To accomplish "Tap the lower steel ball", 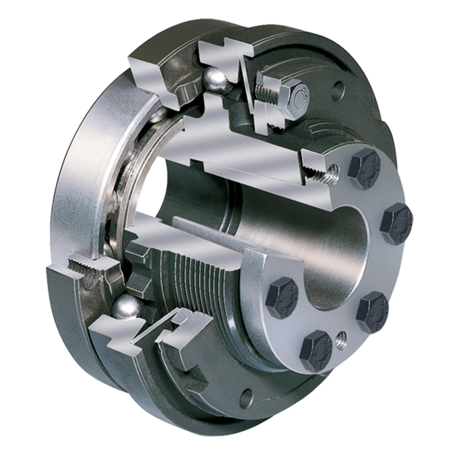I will [127, 306].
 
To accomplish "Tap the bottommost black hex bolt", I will [317, 350].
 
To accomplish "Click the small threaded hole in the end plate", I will [342, 338].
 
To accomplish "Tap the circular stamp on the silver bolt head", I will [304, 92].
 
